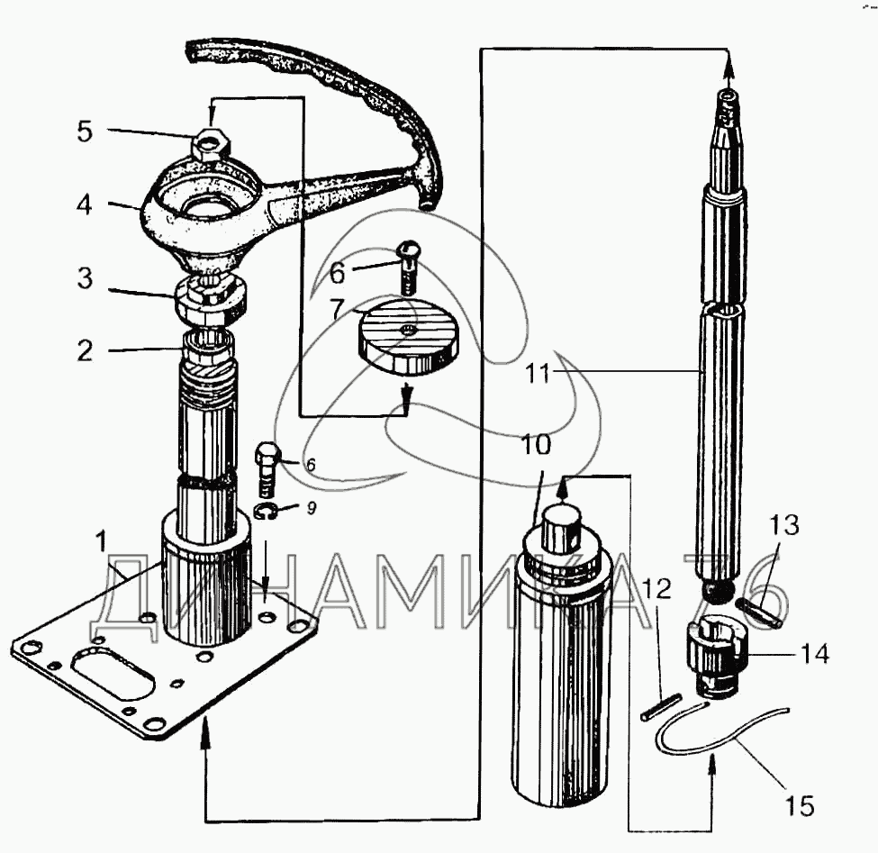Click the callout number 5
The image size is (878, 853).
[x=85, y=132]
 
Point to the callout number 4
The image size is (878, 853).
[x=85, y=204]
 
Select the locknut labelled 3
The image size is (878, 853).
[x=211, y=300]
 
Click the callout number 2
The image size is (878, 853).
[x=85, y=350]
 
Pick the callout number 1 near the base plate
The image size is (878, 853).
[x=100, y=542]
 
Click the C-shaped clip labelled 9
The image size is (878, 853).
[x=267, y=512]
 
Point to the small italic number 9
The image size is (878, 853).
[x=312, y=507]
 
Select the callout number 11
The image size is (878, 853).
[x=539, y=373]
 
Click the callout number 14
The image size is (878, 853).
[x=815, y=653]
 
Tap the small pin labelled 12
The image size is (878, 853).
[x=661, y=708]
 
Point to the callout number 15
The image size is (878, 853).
[x=799, y=806]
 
